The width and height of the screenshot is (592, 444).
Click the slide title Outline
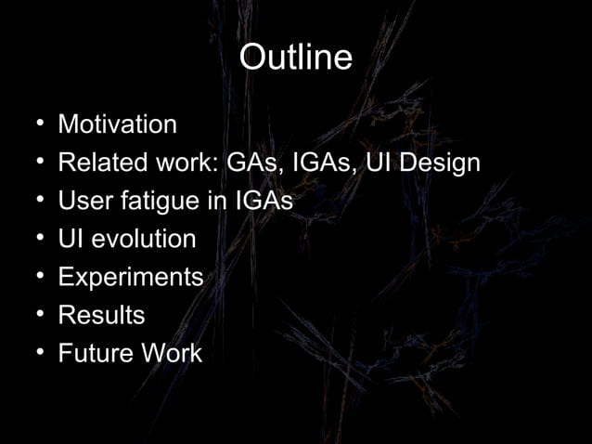295,58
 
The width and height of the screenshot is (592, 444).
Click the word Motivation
117,124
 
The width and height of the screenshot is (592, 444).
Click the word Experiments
130,278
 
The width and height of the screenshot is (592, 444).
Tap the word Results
101,316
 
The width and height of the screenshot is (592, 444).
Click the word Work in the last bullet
175,354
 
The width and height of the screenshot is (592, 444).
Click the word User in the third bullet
81,202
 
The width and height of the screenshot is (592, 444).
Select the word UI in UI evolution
70,240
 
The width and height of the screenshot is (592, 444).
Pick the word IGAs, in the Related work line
325,163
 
